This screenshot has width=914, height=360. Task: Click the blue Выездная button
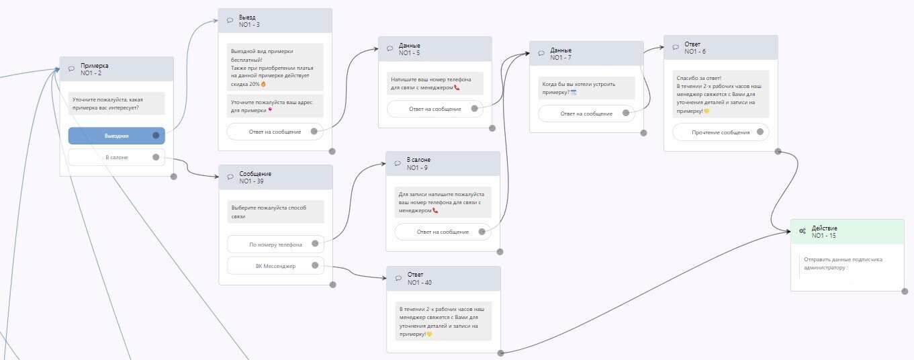116,136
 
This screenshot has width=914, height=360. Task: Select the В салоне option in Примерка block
116,157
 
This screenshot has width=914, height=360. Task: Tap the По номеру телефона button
275,244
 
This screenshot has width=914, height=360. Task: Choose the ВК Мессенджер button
275,266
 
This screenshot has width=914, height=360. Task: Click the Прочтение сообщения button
721,132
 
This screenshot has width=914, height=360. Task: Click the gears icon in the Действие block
803,231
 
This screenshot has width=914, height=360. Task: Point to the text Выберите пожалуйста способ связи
275,212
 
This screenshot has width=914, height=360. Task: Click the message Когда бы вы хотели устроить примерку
586,88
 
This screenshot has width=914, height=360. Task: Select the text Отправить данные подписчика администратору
843,263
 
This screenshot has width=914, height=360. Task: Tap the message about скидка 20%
275,67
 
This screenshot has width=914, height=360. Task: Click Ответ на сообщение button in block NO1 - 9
443,232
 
